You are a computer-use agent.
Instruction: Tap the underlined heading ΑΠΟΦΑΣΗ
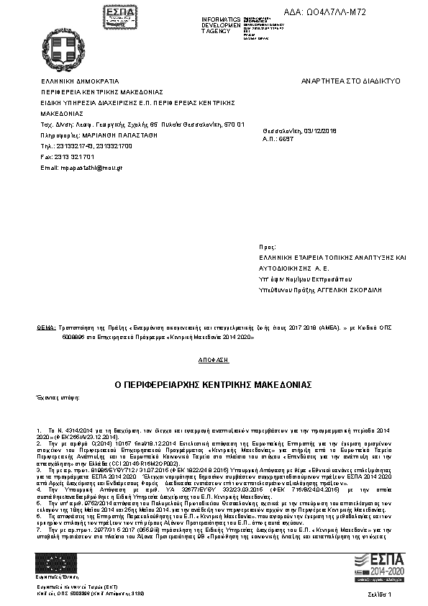tap(213, 358)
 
